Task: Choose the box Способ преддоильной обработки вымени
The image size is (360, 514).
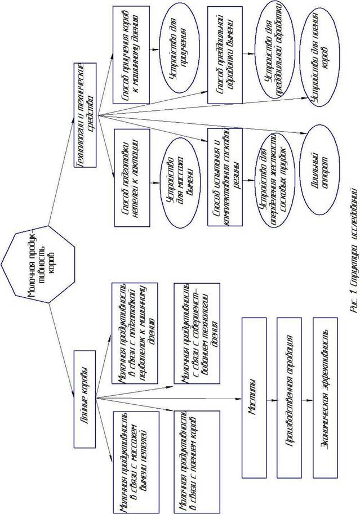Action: pyautogui.click(x=224, y=54)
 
